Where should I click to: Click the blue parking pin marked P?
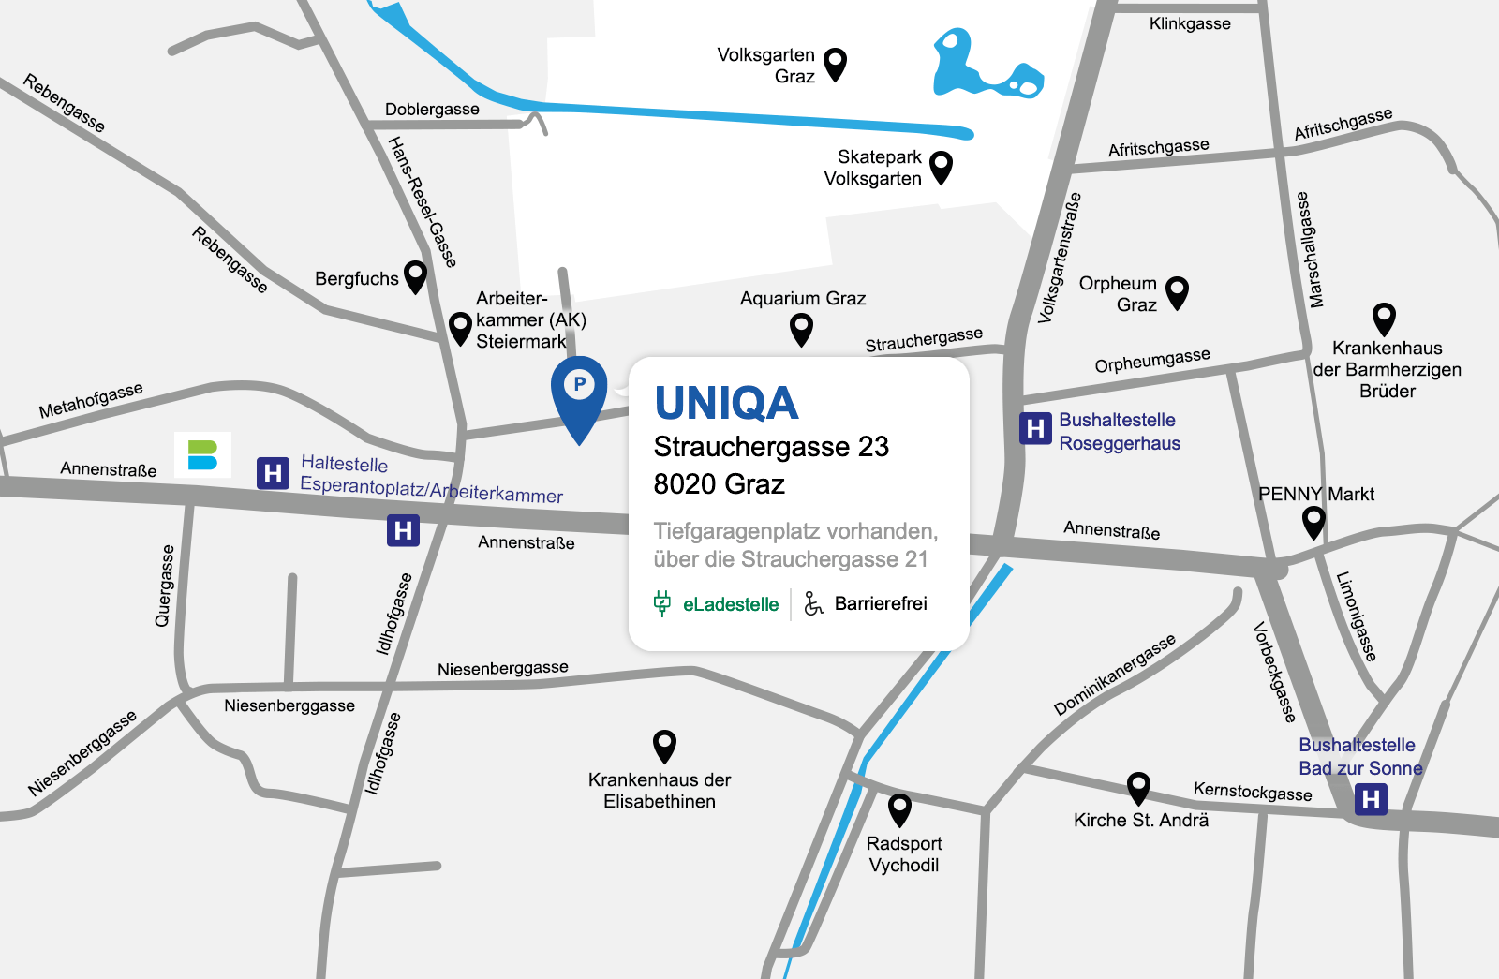coord(579,390)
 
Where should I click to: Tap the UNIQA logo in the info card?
coord(726,404)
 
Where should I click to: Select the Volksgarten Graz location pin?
coord(835,64)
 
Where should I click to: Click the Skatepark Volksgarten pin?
coord(941,167)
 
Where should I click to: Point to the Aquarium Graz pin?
coord(801,328)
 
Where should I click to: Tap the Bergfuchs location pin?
coord(415,275)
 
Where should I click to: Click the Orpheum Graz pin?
coord(1177,291)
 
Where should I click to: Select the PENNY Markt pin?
coord(1313,520)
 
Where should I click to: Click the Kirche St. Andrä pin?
coord(1138,787)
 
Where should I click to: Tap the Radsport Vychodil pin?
coord(899,808)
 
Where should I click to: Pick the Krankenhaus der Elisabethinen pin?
coord(664,746)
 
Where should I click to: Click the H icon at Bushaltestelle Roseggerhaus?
coord(1035,429)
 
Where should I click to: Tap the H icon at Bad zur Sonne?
coord(1371,799)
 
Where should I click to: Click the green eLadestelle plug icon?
coord(662,603)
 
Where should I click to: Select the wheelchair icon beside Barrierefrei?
coord(814,603)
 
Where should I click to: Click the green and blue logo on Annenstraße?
coord(202,455)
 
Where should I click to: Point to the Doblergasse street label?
coord(432,110)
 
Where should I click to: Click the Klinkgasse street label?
coord(1190,24)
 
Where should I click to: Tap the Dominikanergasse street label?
coord(1114,675)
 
